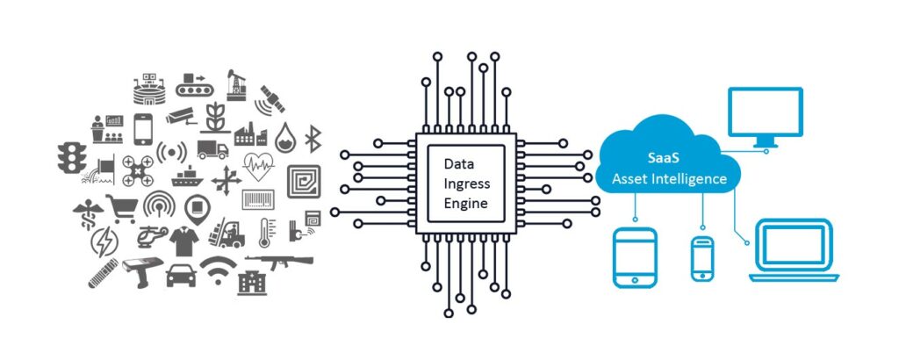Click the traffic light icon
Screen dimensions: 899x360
pos(72,158)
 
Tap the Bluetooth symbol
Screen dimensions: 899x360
pos(313,140)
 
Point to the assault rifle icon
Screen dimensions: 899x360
pos(279,262)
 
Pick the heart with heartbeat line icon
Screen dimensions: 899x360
pos(259,166)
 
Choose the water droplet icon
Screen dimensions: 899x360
pos(285,138)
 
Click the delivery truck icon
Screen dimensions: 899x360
pos(212,149)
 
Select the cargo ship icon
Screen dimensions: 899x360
pos(188,177)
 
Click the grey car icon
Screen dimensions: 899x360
pos(181,276)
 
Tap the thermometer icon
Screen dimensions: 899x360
pos(264,233)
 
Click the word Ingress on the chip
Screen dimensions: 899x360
pos(467,184)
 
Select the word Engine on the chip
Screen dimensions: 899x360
pos(465,203)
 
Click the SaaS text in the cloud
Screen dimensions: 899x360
pos(667,159)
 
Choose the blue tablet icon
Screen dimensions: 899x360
pos(634,257)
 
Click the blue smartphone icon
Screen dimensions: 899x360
pos(702,259)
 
